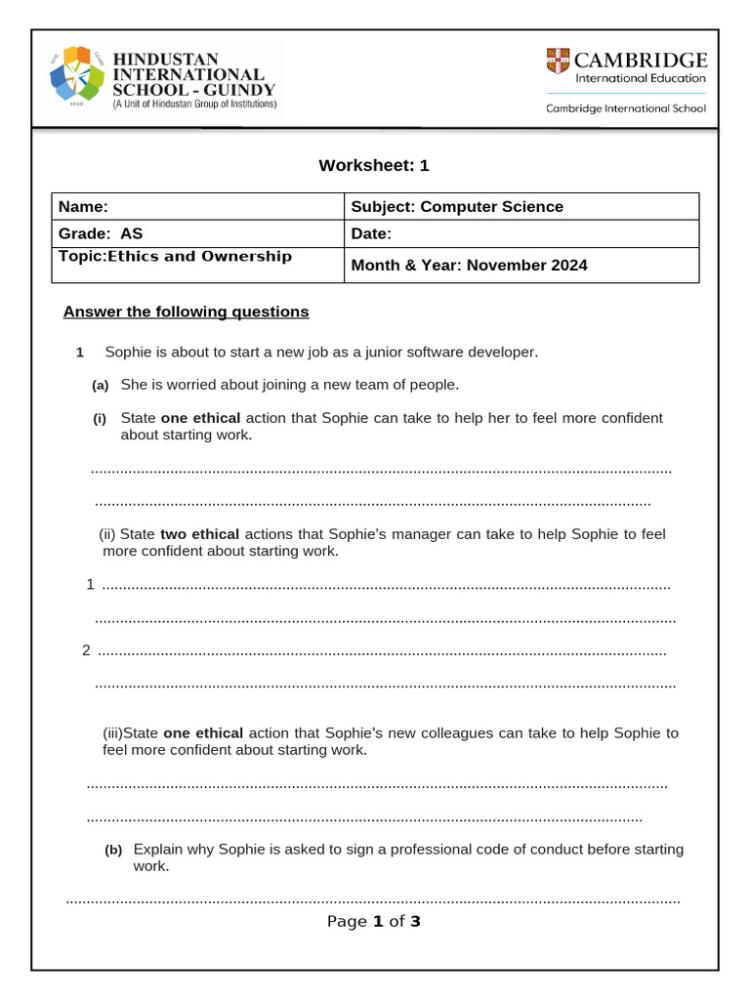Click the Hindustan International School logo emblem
[76, 75]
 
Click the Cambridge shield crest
[558, 61]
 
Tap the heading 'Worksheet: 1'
[374, 165]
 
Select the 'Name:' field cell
[197, 206]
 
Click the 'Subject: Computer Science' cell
[521, 206]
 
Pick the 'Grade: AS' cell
[197, 233]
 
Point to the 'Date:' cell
[521, 233]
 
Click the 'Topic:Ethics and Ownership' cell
[197, 264]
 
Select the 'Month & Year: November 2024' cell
[521, 265]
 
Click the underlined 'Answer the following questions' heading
[186, 312]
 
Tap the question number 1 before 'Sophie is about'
[81, 353]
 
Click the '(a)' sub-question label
[100, 386]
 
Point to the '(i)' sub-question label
[100, 419]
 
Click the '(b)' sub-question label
[113, 851]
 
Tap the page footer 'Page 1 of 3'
[374, 921]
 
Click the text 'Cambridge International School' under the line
[625, 108]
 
